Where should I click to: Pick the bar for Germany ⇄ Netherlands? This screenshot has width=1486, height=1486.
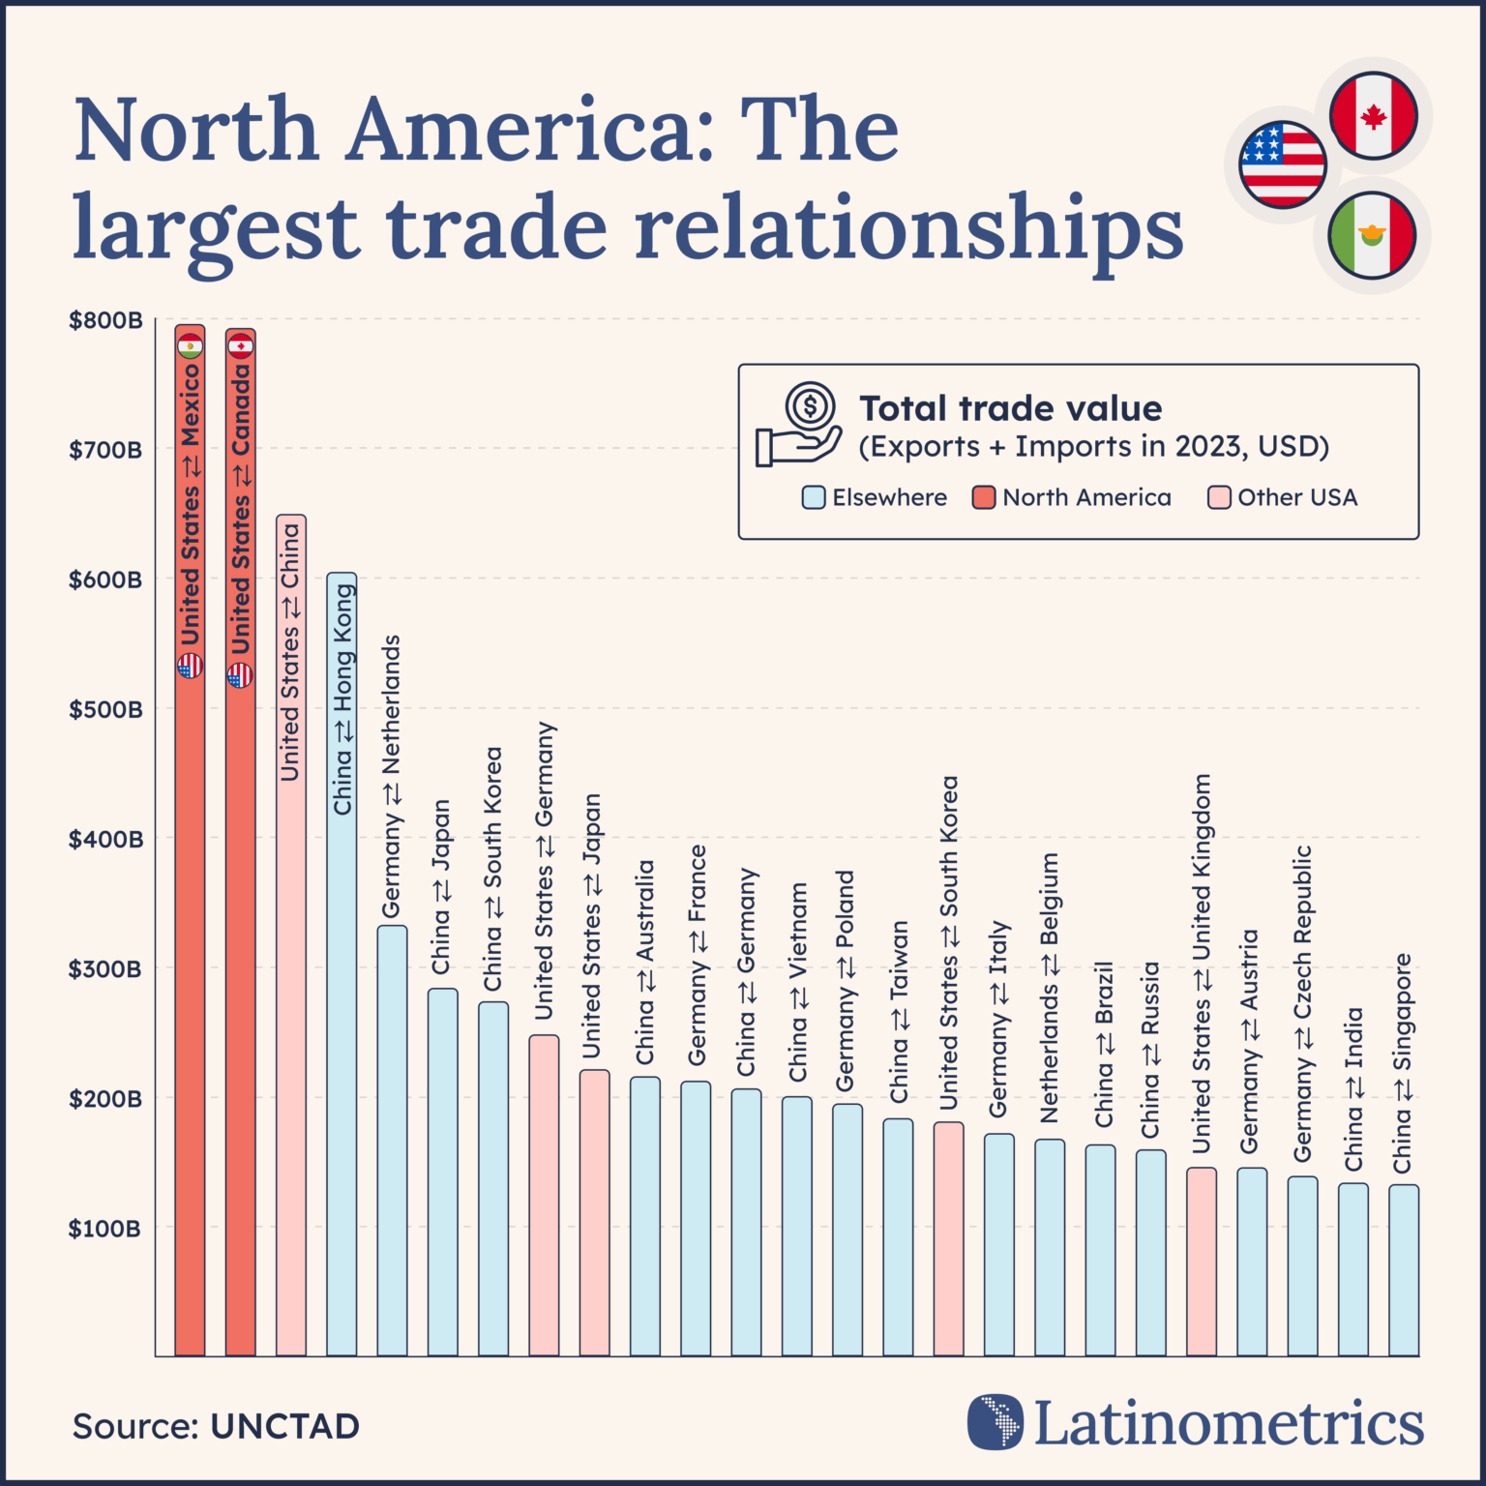pyautogui.click(x=392, y=1142)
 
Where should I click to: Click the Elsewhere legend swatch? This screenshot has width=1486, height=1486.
pyautogui.click(x=814, y=497)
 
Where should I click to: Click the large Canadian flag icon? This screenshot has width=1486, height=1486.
pyautogui.click(x=1373, y=115)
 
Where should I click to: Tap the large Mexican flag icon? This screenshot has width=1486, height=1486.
pyautogui.click(x=1373, y=235)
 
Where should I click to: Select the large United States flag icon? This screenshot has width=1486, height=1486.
pyautogui.click(x=1282, y=164)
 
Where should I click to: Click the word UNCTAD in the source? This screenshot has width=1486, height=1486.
pyautogui.click(x=285, y=1426)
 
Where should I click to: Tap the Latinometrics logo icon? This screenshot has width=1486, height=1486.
pyautogui.click(x=996, y=1421)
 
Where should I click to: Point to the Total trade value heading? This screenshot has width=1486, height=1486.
pyautogui.click(x=1010, y=408)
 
